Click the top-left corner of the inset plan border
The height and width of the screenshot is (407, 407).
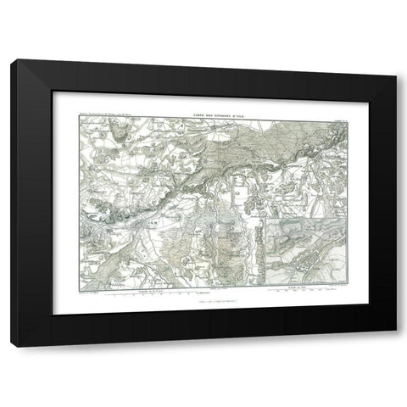pyautogui.click(x=265, y=219)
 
